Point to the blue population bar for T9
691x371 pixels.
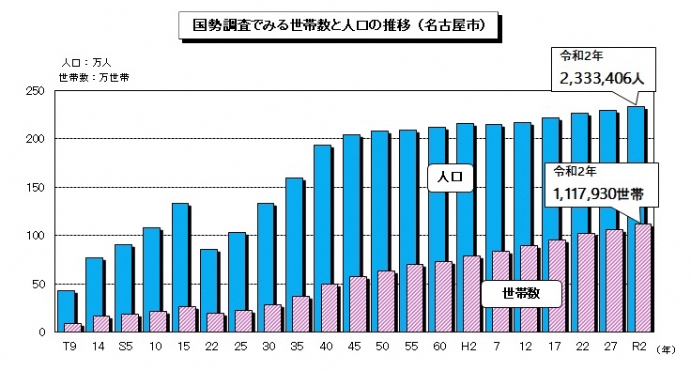click(64, 311)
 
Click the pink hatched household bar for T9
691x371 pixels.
click(72, 328)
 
